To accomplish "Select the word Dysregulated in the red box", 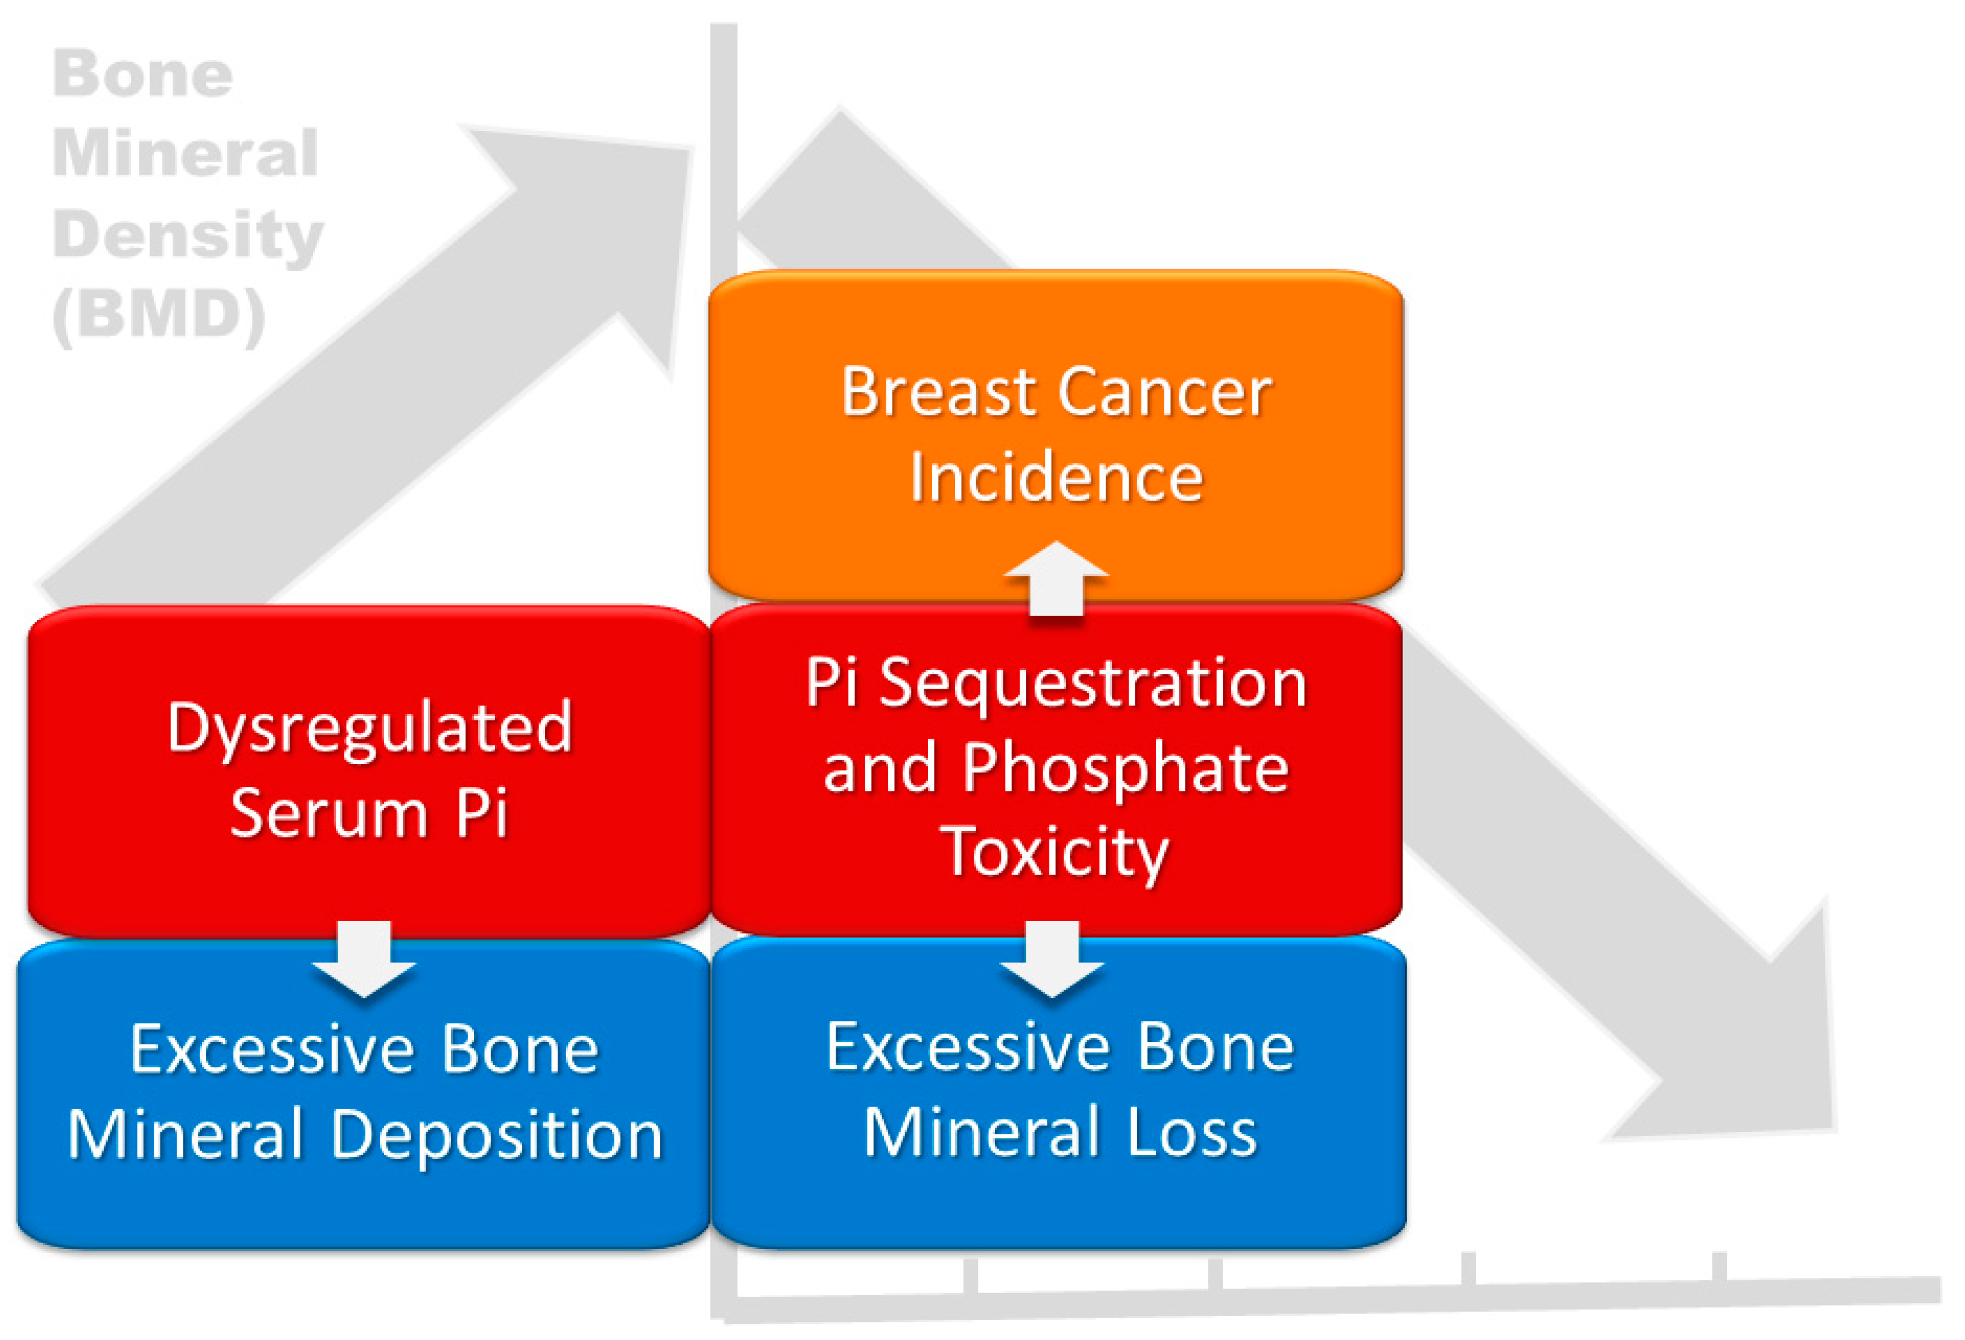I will pos(370,728).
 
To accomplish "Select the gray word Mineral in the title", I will pos(185,153).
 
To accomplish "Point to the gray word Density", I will pos(188,233).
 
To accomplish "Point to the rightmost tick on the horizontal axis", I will pos(1719,1266).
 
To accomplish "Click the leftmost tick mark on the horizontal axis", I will pos(970,1274).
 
